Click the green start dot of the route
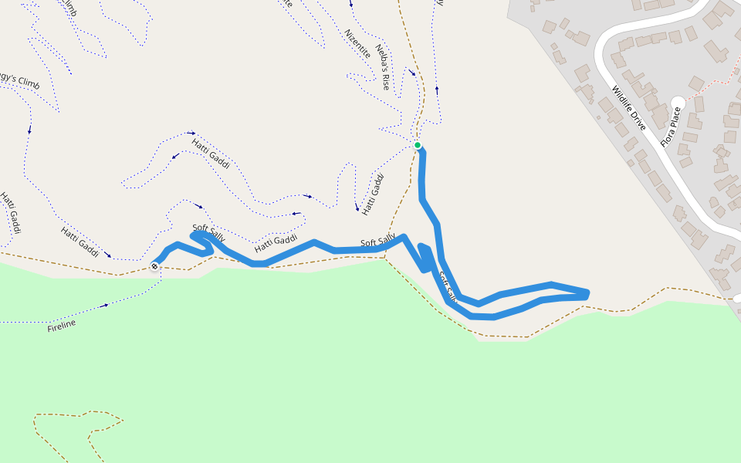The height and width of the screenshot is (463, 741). [418, 145]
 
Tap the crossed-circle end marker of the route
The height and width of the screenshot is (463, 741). [154, 266]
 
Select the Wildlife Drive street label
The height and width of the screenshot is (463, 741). [629, 108]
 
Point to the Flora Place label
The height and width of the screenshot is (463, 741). [671, 126]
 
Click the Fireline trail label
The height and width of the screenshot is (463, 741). [62, 326]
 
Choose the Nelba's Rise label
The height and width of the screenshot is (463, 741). [383, 67]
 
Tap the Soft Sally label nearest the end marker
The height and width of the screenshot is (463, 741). [208, 231]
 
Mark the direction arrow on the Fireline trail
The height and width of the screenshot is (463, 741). [106, 305]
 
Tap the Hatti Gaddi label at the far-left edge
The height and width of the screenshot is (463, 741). [9, 215]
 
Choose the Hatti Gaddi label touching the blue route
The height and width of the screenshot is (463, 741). [276, 243]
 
